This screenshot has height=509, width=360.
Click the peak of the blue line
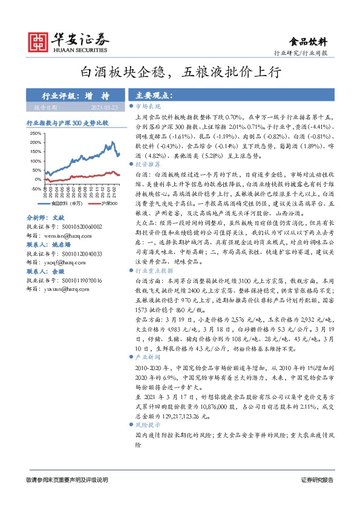(x=113, y=143)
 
